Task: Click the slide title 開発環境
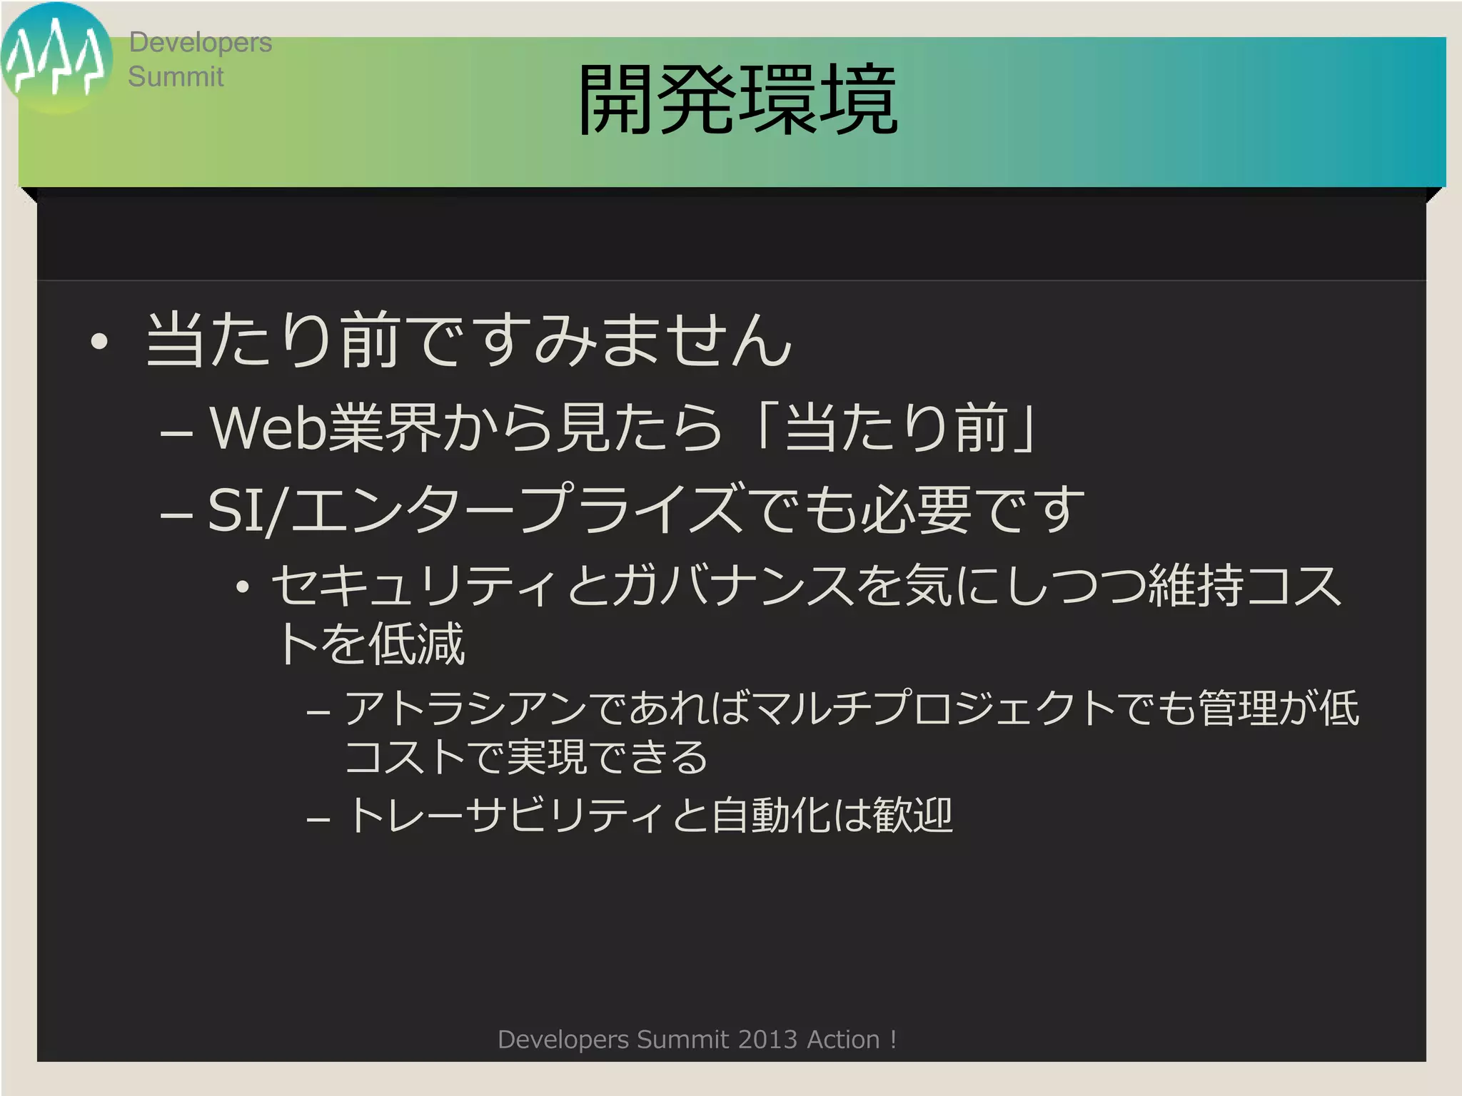(737, 100)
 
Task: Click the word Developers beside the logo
(200, 43)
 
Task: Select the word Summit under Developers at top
(176, 77)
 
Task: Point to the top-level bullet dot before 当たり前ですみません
(99, 342)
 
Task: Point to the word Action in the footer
(842, 1040)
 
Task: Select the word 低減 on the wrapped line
(417, 644)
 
